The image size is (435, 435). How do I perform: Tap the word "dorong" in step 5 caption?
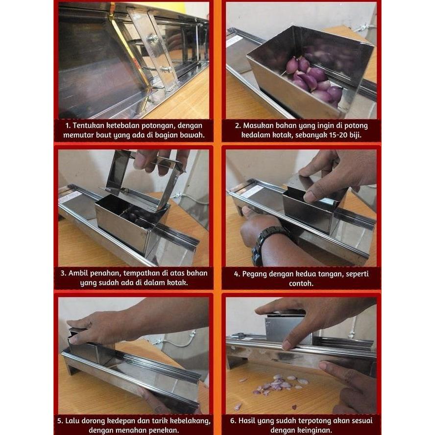pyautogui.click(x=99, y=420)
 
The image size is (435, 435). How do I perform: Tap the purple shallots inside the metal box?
pyautogui.click(x=314, y=78)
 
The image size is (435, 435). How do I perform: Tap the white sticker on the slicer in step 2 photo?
pyautogui.click(x=235, y=41)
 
